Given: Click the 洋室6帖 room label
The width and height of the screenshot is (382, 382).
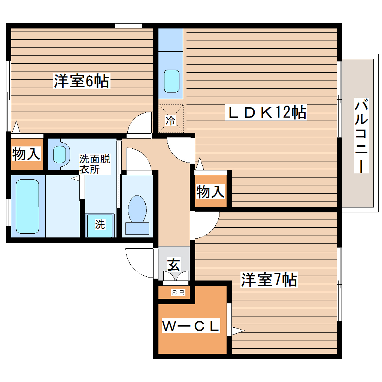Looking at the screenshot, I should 81,81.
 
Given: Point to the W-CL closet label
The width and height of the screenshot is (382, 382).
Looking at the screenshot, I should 190,327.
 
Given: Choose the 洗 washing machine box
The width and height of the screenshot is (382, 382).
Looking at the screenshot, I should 99,225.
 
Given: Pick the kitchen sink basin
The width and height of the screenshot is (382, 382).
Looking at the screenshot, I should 172,81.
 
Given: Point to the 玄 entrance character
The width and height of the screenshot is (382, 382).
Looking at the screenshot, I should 173,265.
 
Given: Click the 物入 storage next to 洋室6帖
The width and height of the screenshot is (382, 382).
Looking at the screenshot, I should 26,154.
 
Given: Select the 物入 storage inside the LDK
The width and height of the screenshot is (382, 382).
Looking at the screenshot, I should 210,192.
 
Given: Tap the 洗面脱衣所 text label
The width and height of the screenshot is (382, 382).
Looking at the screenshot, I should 94,164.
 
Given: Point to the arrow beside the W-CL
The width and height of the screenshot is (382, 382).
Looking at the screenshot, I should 237,331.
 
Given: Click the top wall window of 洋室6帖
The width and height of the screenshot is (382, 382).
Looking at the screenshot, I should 128,25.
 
